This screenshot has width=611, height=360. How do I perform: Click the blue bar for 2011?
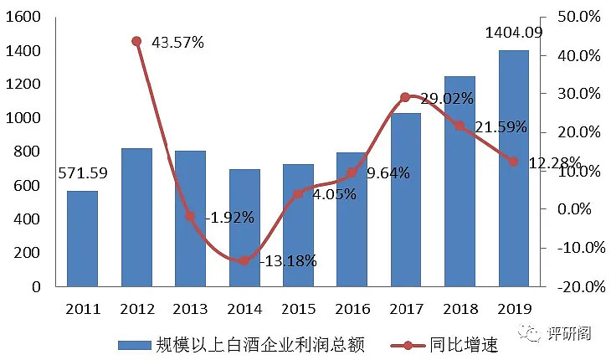pyautogui.click(x=82, y=239)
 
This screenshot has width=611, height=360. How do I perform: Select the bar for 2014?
pyautogui.click(x=244, y=228)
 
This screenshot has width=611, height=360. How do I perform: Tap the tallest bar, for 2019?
pyautogui.click(x=513, y=167)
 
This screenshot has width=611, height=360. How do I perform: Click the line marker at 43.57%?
pyautogui.click(x=136, y=41)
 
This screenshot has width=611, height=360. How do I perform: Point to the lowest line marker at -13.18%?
pyautogui.click(x=244, y=260)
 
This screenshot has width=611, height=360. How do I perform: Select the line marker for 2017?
pyautogui.click(x=405, y=97)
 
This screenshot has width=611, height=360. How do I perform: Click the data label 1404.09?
pyautogui.click(x=512, y=33)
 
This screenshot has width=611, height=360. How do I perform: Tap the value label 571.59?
pyautogui.click(x=83, y=174)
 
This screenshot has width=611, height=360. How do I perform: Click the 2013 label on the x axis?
pyautogui.click(x=190, y=309)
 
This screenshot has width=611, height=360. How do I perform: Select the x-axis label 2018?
pyautogui.click(x=459, y=309)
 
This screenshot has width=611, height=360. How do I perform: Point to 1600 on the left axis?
pyautogui.click(x=24, y=17)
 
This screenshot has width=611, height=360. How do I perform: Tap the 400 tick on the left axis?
pyautogui.click(x=29, y=219)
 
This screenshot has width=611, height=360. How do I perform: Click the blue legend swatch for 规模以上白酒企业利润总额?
pyautogui.click(x=134, y=344)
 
